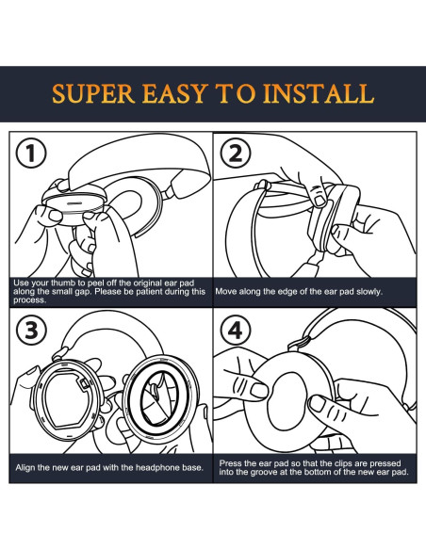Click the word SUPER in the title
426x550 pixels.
93,93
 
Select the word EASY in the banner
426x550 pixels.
175,93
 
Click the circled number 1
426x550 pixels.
32,154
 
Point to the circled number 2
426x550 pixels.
236,154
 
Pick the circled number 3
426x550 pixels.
32,330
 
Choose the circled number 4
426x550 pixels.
236,330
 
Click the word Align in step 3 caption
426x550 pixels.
25,467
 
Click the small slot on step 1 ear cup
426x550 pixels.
74,203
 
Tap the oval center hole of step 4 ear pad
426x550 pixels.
287,401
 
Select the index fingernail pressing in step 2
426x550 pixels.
319,201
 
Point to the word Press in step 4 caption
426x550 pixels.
228,463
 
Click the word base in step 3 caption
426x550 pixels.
194,467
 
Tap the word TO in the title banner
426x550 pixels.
236,93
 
